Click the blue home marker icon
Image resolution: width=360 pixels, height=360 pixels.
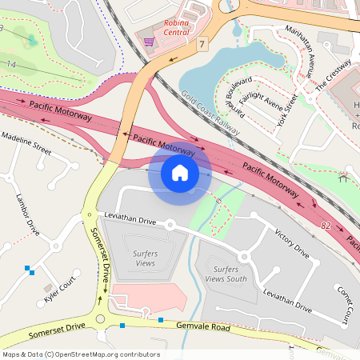tap(180, 173)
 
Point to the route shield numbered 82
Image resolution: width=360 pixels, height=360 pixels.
tap(326, 227)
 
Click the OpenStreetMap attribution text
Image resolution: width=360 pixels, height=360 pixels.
tap(81, 354)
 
